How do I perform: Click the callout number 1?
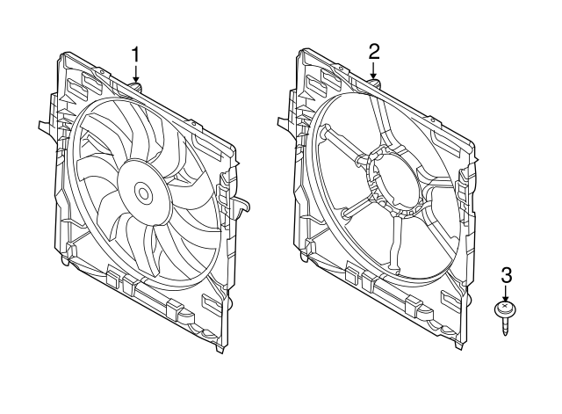(136, 54)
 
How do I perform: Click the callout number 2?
(374, 51)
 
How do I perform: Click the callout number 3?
(505, 275)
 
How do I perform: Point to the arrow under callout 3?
(505, 294)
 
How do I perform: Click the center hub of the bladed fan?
(142, 191)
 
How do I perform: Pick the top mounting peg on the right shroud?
(375, 83)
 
